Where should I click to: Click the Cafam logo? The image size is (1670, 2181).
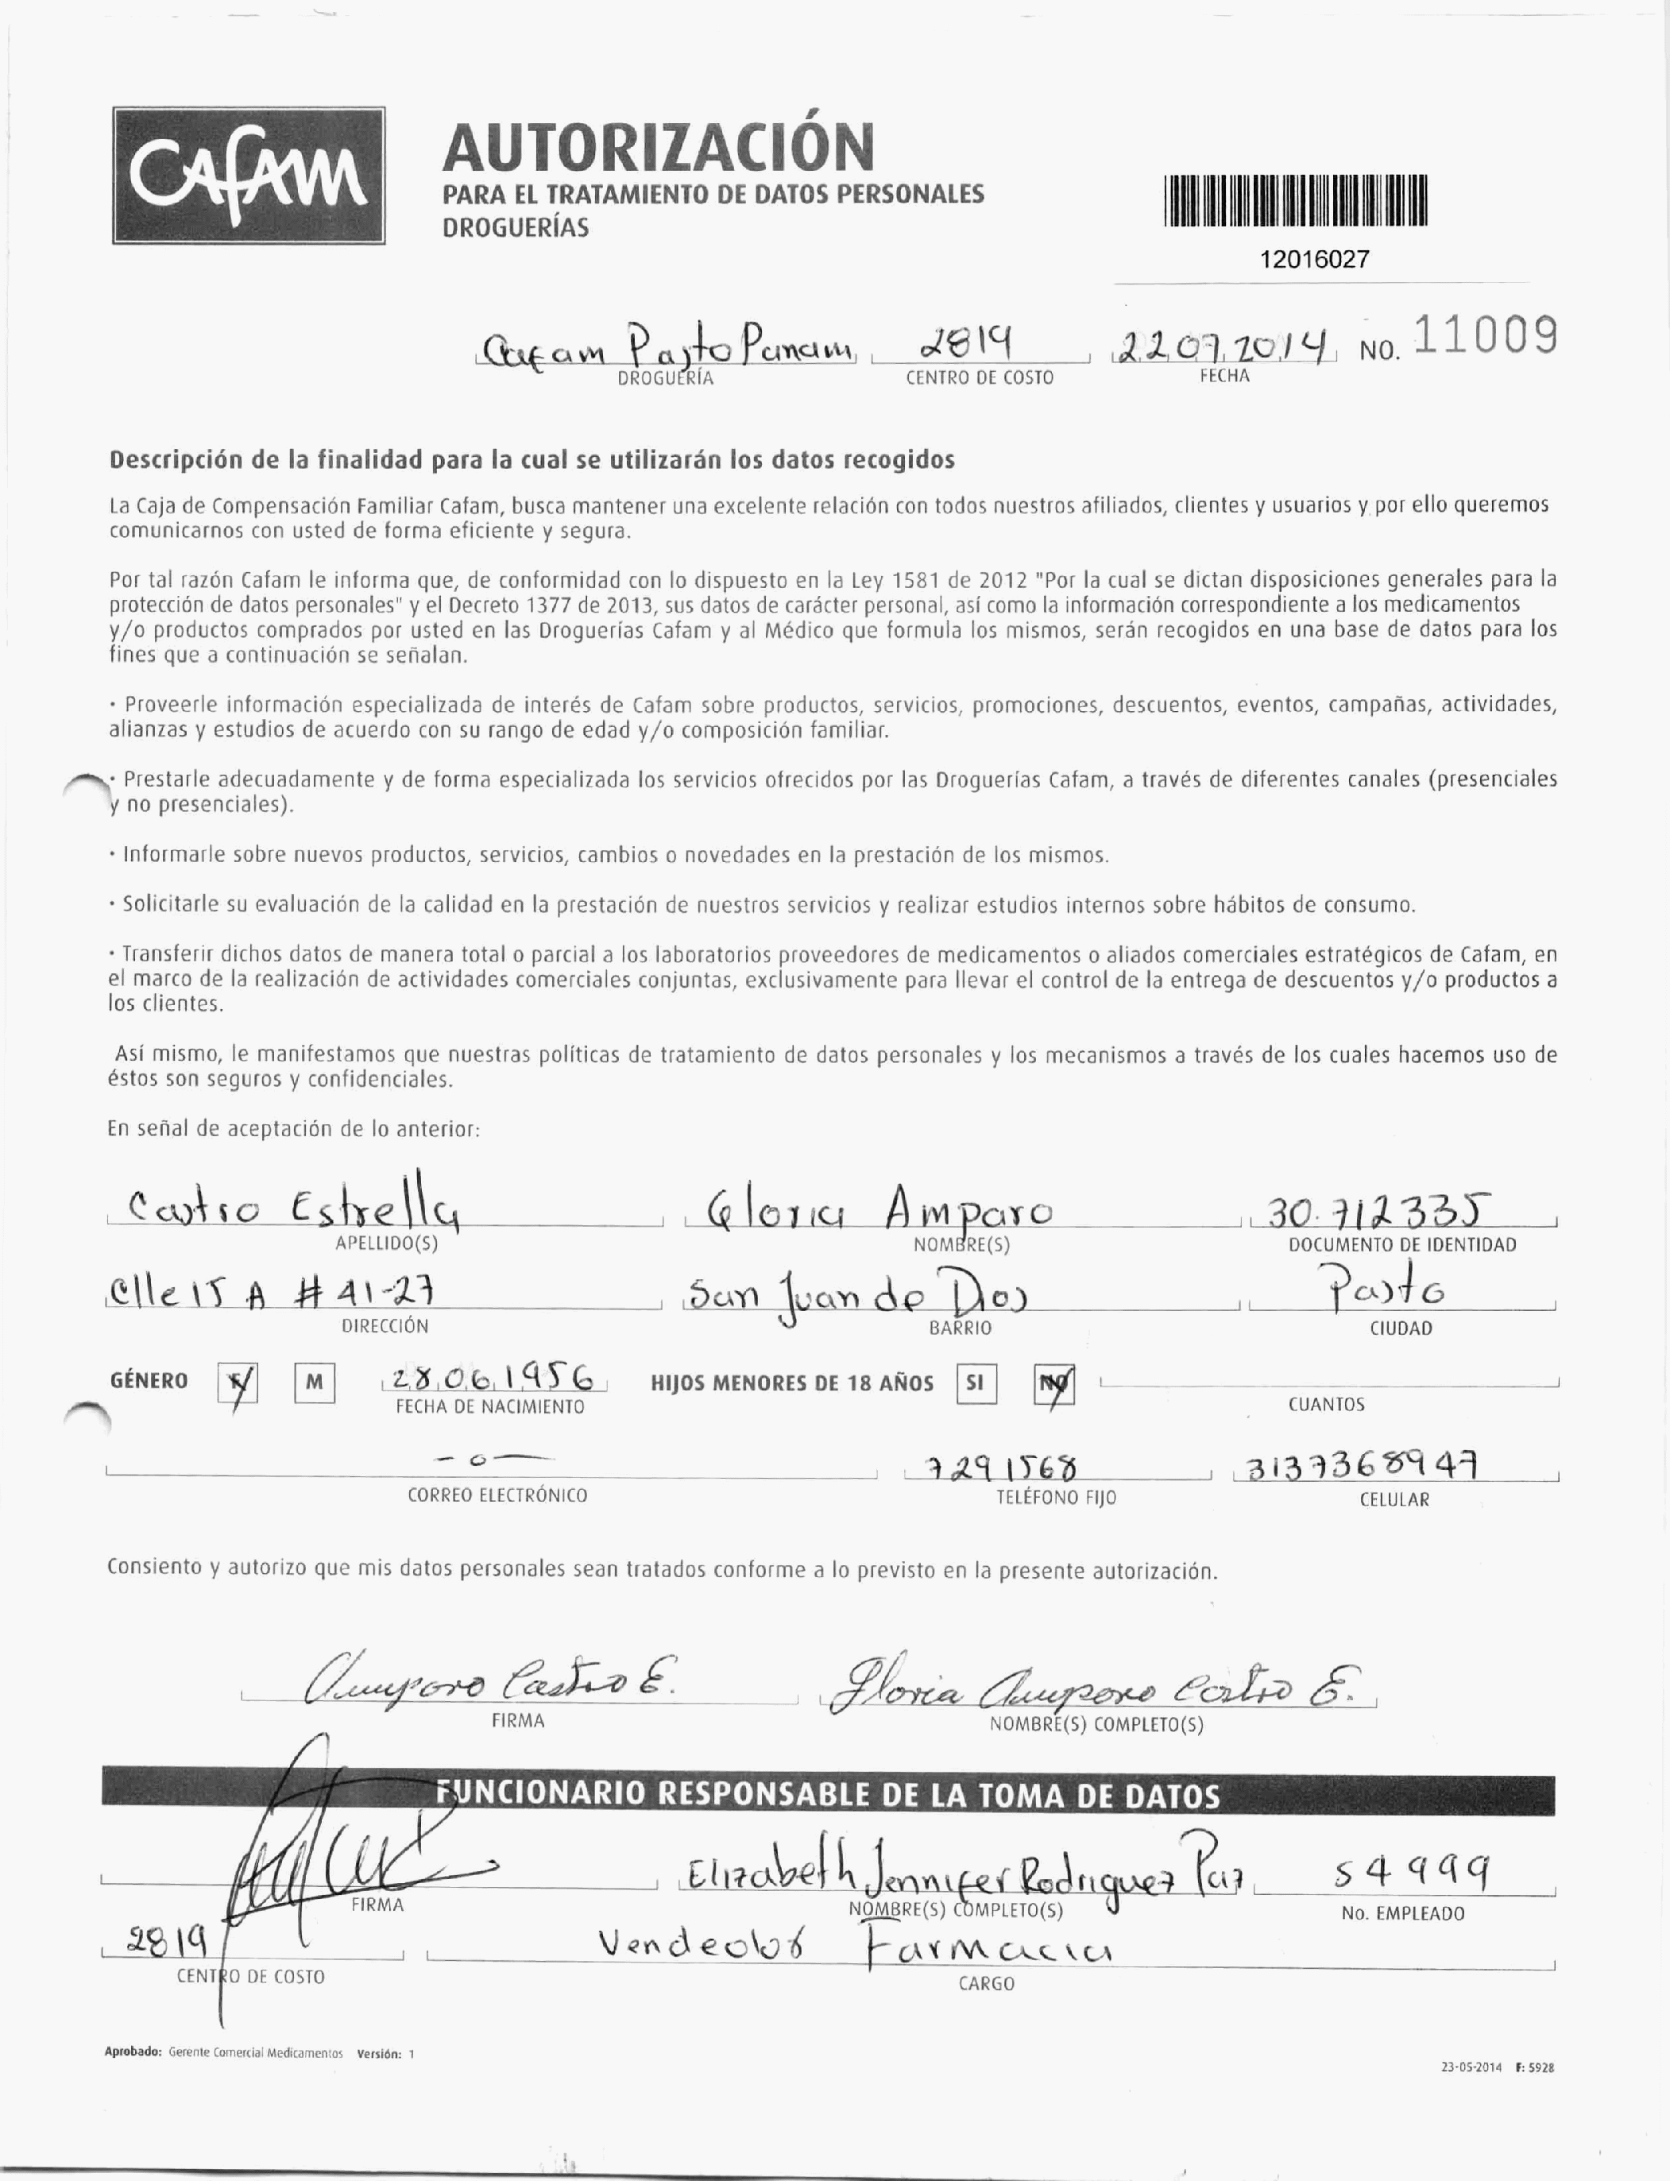click(x=249, y=175)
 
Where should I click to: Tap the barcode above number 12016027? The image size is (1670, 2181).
click(x=1295, y=202)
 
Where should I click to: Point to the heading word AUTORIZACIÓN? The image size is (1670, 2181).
click(x=658, y=147)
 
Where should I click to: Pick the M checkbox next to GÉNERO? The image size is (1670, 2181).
click(x=314, y=1382)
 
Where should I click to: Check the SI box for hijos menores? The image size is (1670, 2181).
click(x=975, y=1382)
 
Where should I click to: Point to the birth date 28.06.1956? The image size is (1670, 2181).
click(x=494, y=1377)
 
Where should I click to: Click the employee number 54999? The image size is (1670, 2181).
click(x=1412, y=1874)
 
